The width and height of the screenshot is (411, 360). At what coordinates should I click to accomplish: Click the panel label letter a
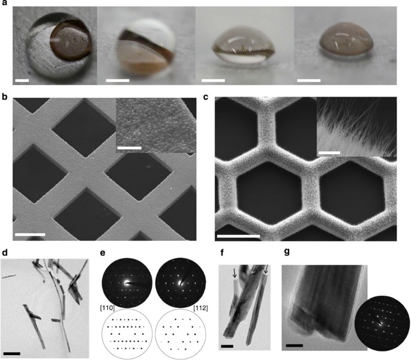4,4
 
